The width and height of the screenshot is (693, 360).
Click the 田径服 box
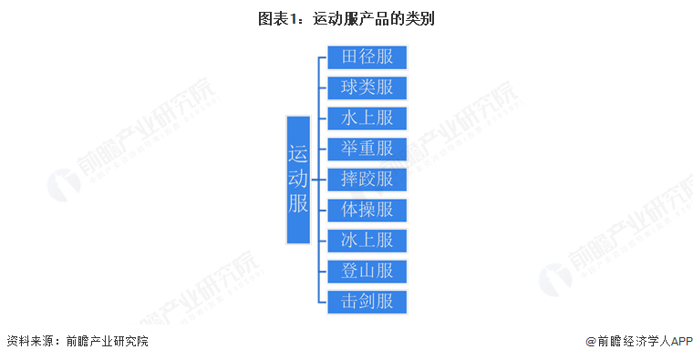click(367, 57)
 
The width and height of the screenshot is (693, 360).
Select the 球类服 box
click(367, 87)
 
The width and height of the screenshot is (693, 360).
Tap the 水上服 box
click(367, 118)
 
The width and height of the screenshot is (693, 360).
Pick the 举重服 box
click(367, 149)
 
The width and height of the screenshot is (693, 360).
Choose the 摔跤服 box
click(367, 179)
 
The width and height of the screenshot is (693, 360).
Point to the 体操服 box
click(367, 210)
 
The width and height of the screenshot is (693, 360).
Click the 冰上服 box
click(367, 240)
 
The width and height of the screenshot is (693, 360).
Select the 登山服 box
click(367, 271)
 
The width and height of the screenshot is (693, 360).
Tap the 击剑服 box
click(367, 301)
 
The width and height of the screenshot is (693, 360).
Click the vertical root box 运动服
click(298, 180)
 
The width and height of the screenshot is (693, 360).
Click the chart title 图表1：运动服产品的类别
click(346, 18)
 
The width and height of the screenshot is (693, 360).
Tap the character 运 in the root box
click(298, 153)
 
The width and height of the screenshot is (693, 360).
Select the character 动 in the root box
click(298, 179)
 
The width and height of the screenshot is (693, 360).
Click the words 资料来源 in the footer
click(29, 342)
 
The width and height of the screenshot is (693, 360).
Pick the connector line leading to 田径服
click(322, 57)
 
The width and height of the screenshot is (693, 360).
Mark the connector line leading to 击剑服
click(322, 301)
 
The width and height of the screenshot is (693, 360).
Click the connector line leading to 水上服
click(322, 118)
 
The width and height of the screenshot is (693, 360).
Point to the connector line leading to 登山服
click(322, 271)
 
